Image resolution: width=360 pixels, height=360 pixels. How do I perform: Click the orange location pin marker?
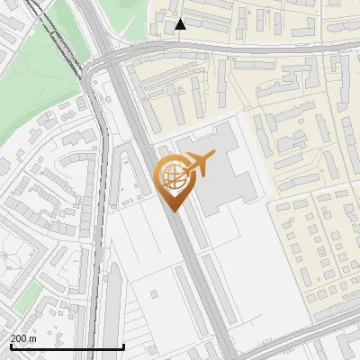pyautogui.click(x=173, y=179)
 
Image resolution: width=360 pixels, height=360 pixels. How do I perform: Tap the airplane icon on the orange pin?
pyautogui.click(x=199, y=164)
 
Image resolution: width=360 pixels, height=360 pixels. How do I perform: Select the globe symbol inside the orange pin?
pyautogui.click(x=171, y=175)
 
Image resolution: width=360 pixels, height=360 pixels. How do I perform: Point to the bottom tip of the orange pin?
pyautogui.click(x=173, y=210)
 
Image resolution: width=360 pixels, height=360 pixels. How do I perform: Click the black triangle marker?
pyautogui.click(x=180, y=24)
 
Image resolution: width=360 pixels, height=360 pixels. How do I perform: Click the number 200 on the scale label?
pyautogui.click(x=18, y=339)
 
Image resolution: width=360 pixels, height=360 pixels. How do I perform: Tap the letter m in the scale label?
pyautogui.click(x=33, y=339)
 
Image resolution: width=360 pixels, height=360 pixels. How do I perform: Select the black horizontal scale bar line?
pyautogui.click(x=67, y=347)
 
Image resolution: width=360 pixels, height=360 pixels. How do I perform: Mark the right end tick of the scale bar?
pyautogui.click(x=123, y=346)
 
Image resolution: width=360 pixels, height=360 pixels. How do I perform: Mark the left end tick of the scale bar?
pyautogui.click(x=10, y=346)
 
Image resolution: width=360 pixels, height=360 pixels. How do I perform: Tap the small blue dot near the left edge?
pyautogui.click(x=5, y=256)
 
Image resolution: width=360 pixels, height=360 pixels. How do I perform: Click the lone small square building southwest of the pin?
pyautogui.click(x=155, y=293)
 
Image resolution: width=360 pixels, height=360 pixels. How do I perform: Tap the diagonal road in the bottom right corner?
pyautogui.click(x=306, y=337)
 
